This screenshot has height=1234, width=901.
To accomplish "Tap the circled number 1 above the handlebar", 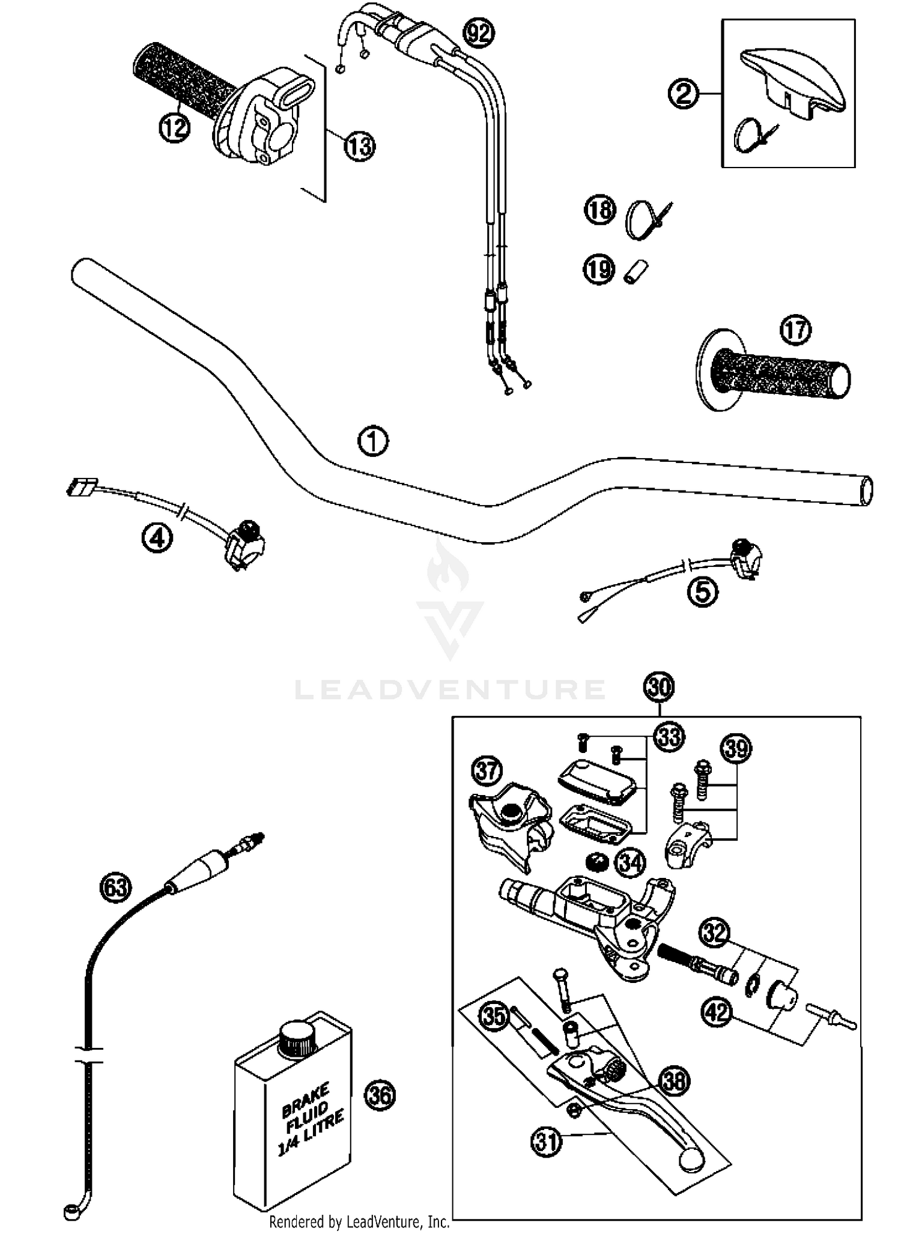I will [372, 442].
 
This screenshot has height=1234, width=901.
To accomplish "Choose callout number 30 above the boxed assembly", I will [658, 687].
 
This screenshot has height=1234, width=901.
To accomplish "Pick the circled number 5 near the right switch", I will [702, 592].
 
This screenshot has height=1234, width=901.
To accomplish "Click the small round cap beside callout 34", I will [596, 862].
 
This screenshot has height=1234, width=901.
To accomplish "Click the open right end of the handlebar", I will [866, 491].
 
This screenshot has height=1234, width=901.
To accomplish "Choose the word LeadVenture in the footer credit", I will [385, 1221].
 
